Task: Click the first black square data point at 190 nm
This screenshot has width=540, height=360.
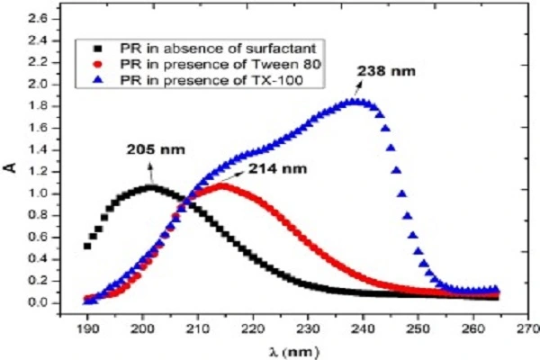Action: pyautogui.click(x=87, y=246)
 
